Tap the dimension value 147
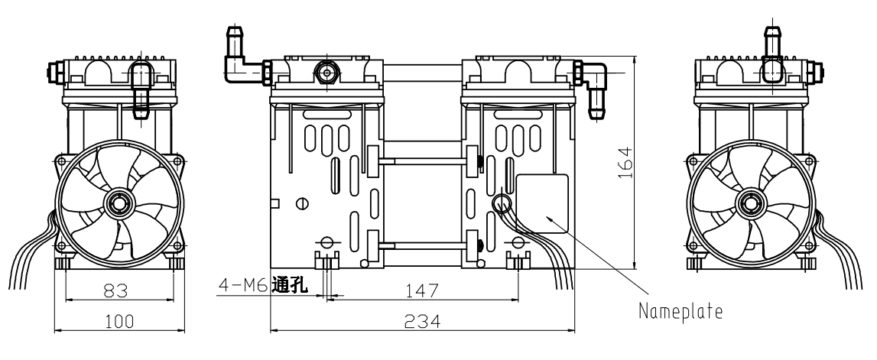click(x=422, y=290)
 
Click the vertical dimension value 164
click(x=626, y=162)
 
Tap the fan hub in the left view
click(x=119, y=203)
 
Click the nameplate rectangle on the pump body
click(x=542, y=203)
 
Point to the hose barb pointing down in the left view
click(x=140, y=96)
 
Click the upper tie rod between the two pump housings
click(x=422, y=161)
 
